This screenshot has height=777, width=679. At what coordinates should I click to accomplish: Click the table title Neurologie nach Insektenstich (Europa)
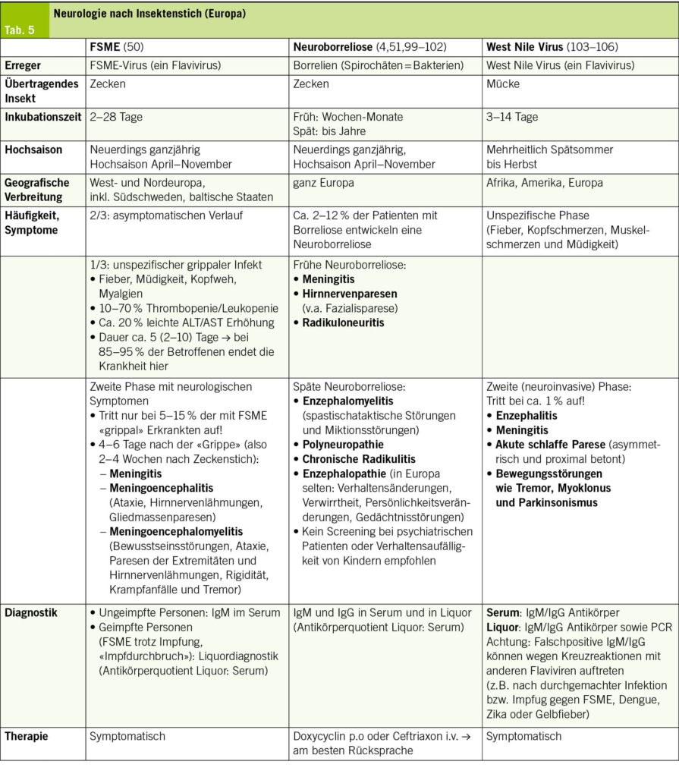(x=149, y=14)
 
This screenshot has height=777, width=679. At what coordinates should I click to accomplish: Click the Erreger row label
(x=23, y=65)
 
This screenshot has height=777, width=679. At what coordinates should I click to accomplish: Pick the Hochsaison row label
(x=33, y=150)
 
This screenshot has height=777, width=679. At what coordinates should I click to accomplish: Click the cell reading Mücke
(x=502, y=84)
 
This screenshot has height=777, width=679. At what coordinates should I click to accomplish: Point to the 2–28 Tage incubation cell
(x=116, y=117)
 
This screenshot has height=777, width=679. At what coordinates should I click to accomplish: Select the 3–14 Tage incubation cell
(x=513, y=117)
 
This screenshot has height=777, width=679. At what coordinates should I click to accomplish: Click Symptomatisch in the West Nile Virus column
(x=523, y=736)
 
